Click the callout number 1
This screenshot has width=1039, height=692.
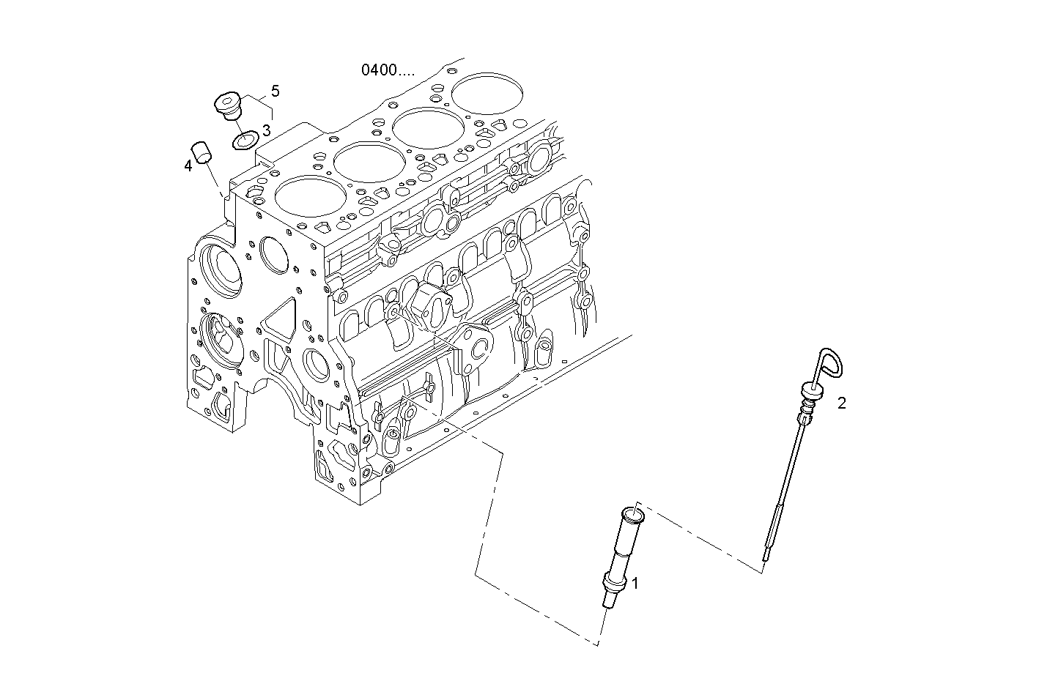pos(635,583)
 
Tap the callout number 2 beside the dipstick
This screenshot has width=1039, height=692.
pos(842,403)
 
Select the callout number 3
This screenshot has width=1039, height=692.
pos(266,130)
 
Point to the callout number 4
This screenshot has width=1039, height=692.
pos(188,166)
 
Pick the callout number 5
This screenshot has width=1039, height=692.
pos(275,91)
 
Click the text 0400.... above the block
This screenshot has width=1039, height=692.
pos(388,70)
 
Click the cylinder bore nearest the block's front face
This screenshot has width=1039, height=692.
pos(310,199)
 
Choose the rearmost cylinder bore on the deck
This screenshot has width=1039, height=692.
pos(488,93)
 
